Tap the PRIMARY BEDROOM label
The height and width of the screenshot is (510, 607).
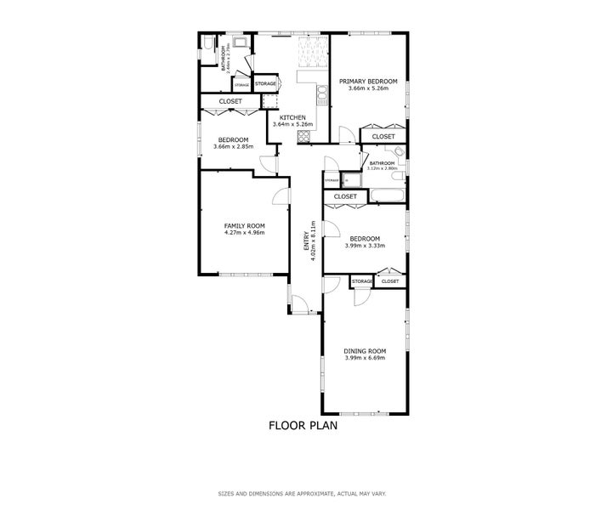pos(364,82)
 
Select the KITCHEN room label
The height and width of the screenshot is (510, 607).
pos(292,117)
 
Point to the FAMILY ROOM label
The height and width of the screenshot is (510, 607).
pos(245,225)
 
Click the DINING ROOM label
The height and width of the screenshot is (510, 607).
pos(365,351)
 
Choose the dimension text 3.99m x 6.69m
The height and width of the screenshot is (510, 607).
pos(365,358)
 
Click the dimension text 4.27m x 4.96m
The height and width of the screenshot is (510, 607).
pos(245,232)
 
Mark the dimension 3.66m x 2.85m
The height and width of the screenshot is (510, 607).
pos(232,146)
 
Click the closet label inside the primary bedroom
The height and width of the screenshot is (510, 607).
pos(383,136)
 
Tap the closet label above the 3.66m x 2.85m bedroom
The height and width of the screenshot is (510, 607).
pos(230,101)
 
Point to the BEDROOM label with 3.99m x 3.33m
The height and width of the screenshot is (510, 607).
pos(365,239)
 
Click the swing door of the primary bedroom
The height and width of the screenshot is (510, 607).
pos(346,134)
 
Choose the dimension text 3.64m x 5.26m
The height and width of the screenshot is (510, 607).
pos(292,125)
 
